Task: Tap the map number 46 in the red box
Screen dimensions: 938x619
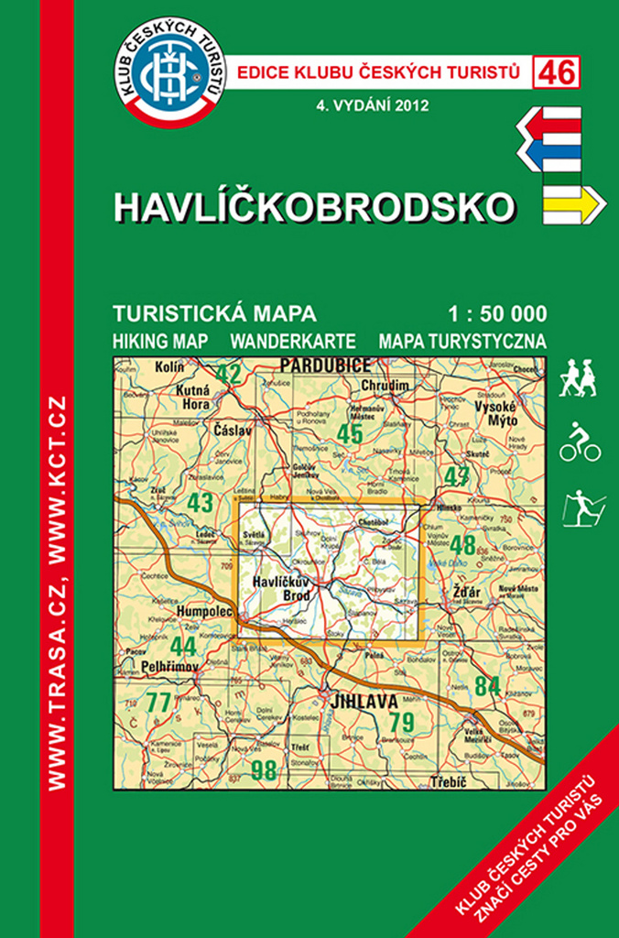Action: click(557, 72)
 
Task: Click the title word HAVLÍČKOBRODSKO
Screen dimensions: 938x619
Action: click(313, 207)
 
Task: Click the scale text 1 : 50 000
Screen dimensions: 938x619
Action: click(498, 314)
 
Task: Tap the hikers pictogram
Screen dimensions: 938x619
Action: click(579, 377)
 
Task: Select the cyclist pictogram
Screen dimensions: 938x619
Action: click(580, 442)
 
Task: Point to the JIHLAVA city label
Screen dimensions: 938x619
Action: click(366, 703)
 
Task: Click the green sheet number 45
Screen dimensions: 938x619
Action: click(350, 432)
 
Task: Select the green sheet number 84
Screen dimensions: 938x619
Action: click(487, 684)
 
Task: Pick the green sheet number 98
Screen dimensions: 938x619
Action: click(264, 769)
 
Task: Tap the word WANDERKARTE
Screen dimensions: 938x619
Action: click(293, 341)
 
